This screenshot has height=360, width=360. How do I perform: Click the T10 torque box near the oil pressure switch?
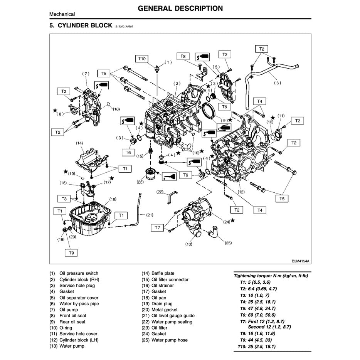pyautogui.click(x=142, y=59)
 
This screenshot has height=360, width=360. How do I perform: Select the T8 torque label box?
pyautogui.click(x=183, y=57)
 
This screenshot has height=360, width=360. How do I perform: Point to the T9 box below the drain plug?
pyautogui.click(x=71, y=253)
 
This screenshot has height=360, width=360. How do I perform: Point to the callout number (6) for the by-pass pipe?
pyautogui.click(x=277, y=83)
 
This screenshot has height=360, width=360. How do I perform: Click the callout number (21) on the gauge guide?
pyautogui.click(x=150, y=215)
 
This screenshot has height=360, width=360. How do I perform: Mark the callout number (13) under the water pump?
pyautogui.click(x=189, y=244)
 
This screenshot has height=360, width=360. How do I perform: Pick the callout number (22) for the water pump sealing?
pyautogui.click(x=160, y=192)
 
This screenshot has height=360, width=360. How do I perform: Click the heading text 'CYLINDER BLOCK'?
pyautogui.click(x=85, y=26)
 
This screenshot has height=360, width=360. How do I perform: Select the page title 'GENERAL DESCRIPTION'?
pyautogui.click(x=180, y=8)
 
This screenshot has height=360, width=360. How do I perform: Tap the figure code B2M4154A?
pyautogui.click(x=300, y=261)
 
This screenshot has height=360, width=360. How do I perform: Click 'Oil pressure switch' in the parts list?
pyautogui.click(x=79, y=273)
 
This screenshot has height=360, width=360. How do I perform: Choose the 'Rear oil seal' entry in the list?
pyautogui.click(x=72, y=322)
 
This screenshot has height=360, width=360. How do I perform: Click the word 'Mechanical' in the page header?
pyautogui.click(x=62, y=14)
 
